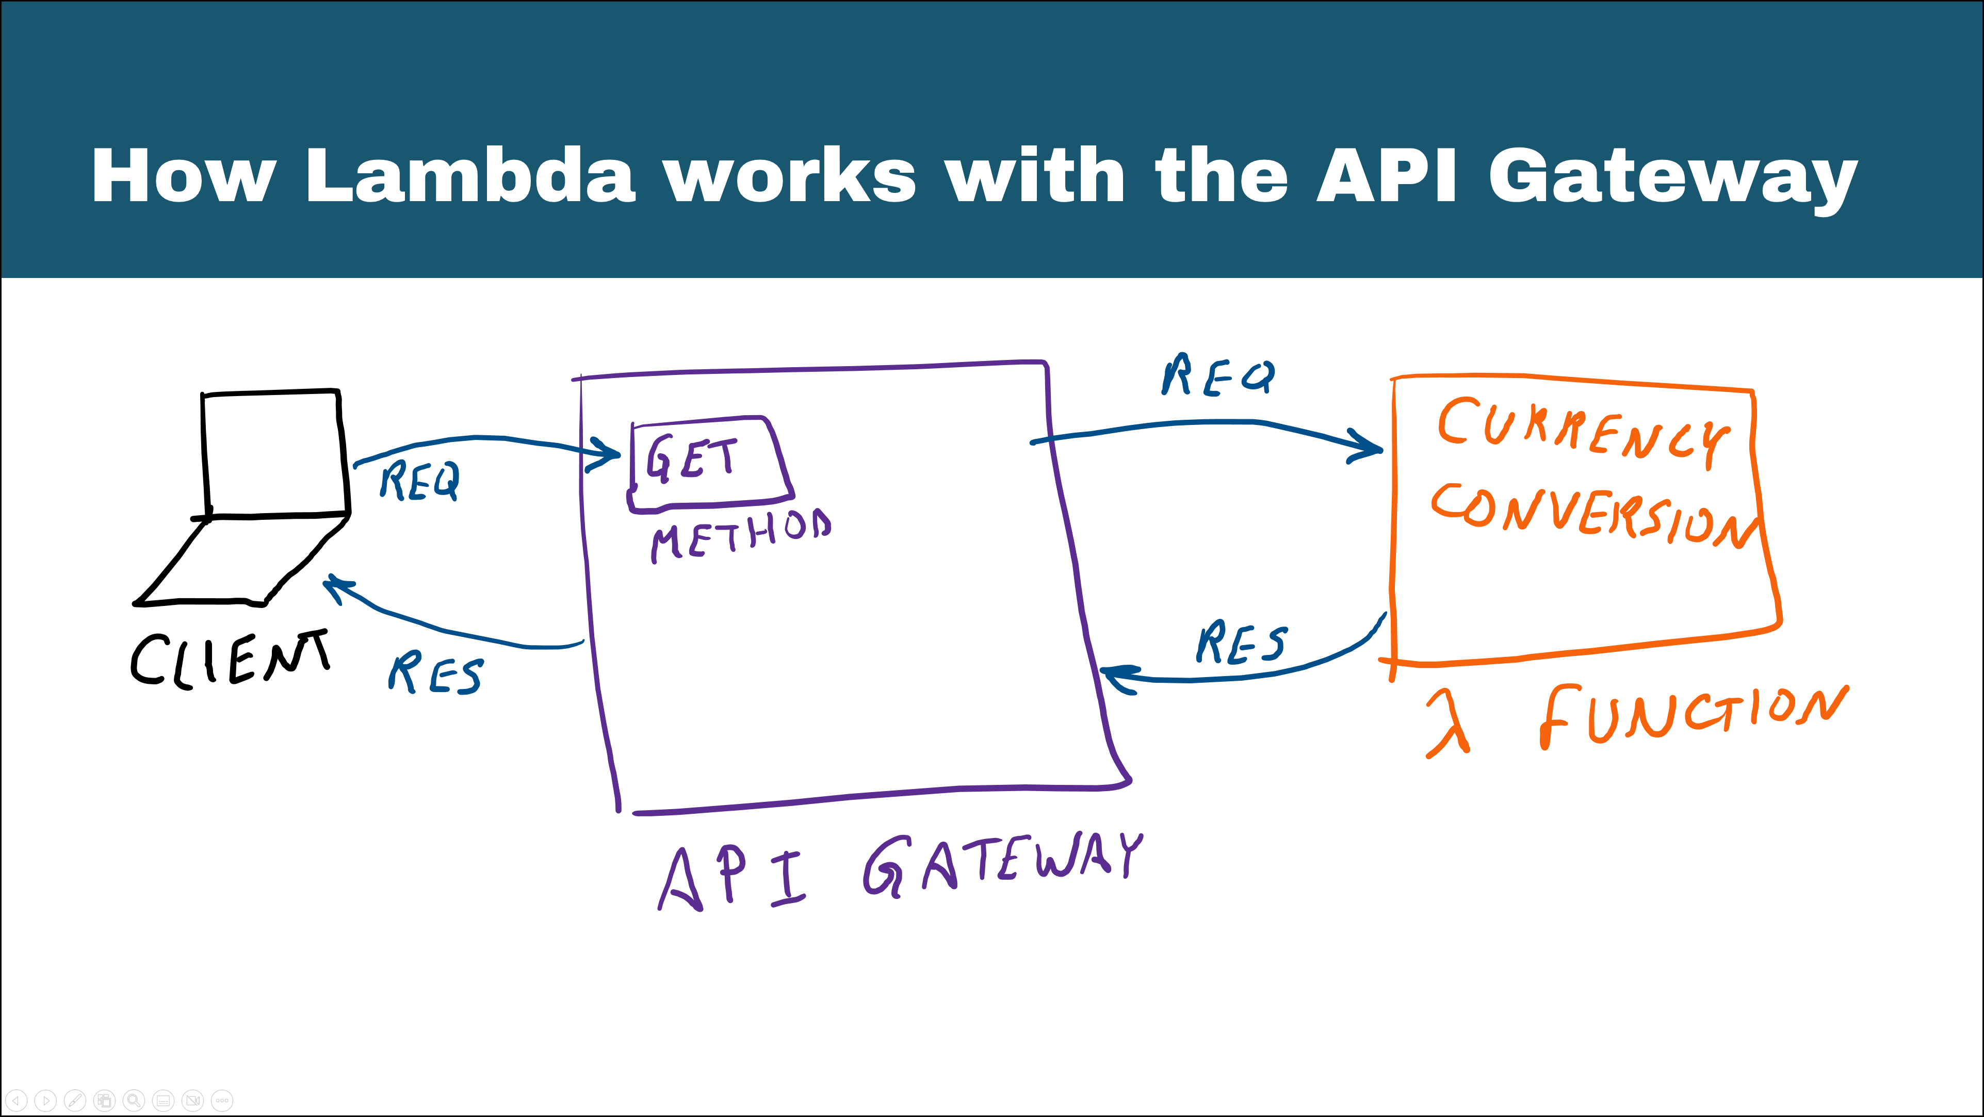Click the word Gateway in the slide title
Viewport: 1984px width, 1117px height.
[x=1671, y=177]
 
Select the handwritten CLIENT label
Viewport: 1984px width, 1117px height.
[x=230, y=660]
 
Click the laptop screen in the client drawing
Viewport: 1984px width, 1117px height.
[x=271, y=453]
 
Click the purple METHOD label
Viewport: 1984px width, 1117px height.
[x=741, y=534]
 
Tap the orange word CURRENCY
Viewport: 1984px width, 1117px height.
[x=1583, y=431]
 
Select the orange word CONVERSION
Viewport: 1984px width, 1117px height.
[x=1595, y=516]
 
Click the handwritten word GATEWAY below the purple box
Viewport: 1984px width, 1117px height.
[x=1001, y=864]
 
